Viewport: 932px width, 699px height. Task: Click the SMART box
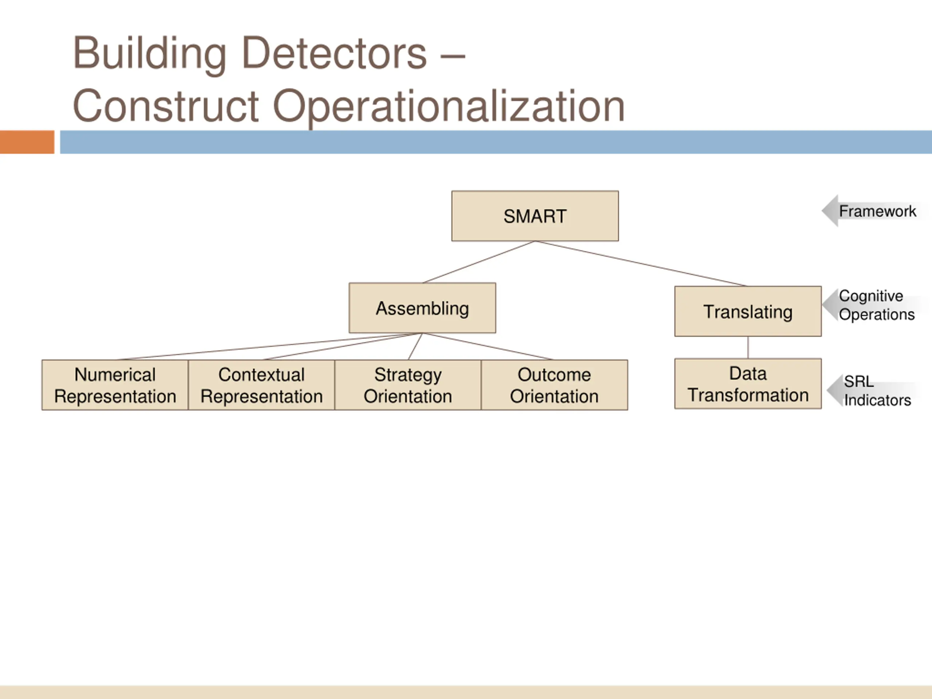click(x=535, y=216)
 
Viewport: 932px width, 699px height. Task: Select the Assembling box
click(x=422, y=308)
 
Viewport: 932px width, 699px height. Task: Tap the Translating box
click(x=748, y=311)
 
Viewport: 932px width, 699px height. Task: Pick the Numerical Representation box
click(x=115, y=385)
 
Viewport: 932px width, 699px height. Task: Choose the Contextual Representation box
click(x=261, y=385)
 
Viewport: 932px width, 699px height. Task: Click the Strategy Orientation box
click(x=407, y=385)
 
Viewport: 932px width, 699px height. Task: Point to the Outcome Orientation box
click(x=554, y=385)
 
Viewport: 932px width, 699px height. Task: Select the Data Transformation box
click(x=748, y=384)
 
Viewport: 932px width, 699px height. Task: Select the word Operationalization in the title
click(x=449, y=106)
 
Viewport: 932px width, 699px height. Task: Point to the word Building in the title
click(x=150, y=54)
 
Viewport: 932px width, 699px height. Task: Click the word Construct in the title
click(x=166, y=106)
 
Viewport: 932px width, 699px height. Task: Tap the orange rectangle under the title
click(x=27, y=142)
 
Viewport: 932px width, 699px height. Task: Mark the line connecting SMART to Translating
click(x=640, y=263)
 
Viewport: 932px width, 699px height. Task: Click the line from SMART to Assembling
click(x=479, y=262)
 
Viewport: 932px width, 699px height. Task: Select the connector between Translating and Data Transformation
click(x=748, y=347)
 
